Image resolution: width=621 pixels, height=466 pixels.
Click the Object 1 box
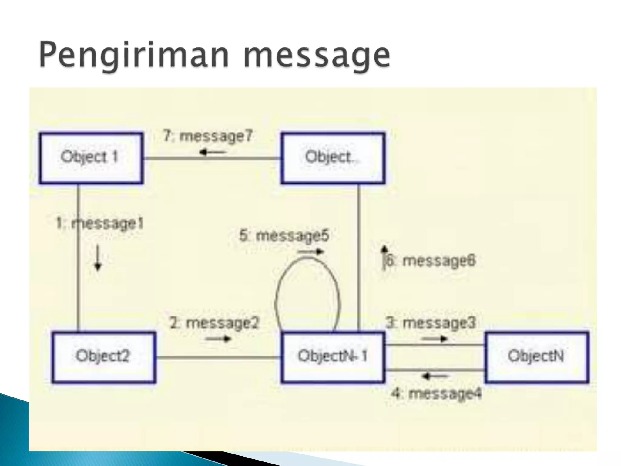tap(91, 158)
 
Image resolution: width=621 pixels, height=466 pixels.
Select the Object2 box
tap(104, 357)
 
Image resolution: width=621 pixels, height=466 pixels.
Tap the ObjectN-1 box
tap(333, 357)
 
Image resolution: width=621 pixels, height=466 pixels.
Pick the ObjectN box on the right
tap(537, 357)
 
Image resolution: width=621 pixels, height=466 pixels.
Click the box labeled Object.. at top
tap(333, 158)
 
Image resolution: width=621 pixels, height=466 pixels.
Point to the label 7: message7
tap(208, 136)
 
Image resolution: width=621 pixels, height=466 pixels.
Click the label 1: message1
tap(99, 224)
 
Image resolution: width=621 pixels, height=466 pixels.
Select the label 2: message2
tap(214, 323)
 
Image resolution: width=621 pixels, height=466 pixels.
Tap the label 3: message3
tap(431, 323)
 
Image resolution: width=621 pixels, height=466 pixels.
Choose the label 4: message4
tap(436, 393)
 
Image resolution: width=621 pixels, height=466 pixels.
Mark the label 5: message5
tap(284, 236)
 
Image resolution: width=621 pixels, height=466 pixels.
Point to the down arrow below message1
tap(98, 258)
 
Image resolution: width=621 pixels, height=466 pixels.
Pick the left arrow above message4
tap(435, 377)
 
